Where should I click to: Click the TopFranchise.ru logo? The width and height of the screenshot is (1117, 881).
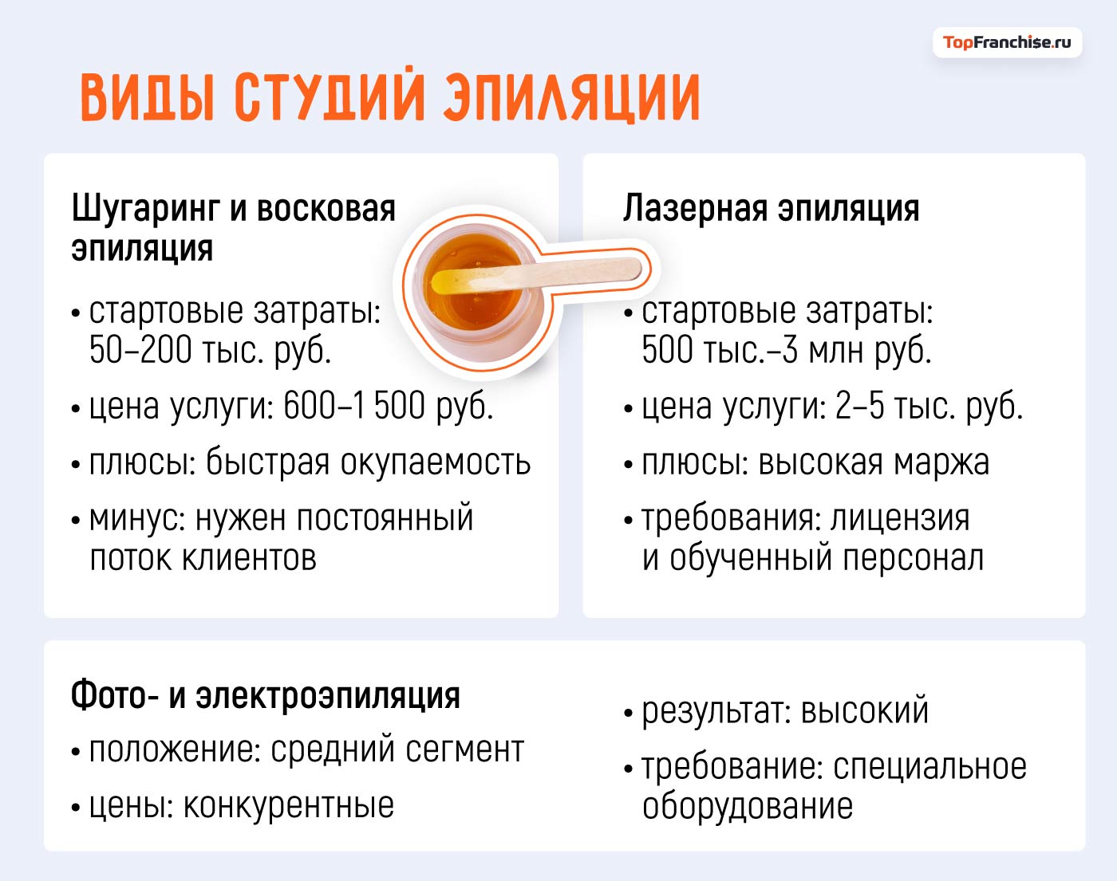(1007, 42)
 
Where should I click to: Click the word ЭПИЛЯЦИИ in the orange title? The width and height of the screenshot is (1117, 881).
(571, 98)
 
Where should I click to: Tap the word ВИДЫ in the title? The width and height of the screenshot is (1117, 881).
(148, 98)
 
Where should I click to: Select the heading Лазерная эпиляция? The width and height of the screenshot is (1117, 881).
(771, 208)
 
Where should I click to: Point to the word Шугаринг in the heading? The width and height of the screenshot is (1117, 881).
(145, 210)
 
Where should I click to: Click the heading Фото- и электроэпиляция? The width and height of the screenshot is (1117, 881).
(266, 695)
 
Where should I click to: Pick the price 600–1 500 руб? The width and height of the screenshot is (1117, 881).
(388, 406)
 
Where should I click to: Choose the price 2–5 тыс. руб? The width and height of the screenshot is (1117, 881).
(929, 406)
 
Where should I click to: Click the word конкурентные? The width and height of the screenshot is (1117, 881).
(289, 806)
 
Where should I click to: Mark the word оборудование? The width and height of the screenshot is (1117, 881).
(748, 806)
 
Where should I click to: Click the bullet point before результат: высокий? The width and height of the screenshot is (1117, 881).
(629, 713)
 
